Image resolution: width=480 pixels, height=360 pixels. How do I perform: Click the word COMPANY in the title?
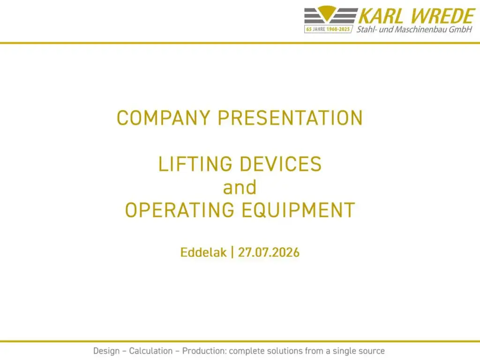click(x=164, y=118)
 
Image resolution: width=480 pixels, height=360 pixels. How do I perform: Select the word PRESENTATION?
click(x=290, y=118)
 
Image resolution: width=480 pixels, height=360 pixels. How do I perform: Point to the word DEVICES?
click(x=280, y=164)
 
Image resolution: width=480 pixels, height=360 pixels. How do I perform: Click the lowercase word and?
click(x=240, y=187)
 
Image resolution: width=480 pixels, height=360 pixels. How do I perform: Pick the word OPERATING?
click(x=180, y=210)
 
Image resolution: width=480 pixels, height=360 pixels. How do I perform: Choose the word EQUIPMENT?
click(x=298, y=210)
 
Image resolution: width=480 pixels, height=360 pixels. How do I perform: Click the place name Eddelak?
click(x=203, y=253)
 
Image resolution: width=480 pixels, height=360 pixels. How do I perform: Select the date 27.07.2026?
click(x=269, y=253)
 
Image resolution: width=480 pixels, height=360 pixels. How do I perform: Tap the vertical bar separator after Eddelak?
click(x=232, y=253)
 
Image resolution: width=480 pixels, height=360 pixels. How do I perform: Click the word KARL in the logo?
click(x=381, y=16)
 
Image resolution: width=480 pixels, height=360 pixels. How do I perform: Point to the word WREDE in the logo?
click(x=442, y=16)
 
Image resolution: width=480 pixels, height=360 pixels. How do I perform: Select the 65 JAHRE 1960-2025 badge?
click(x=328, y=29)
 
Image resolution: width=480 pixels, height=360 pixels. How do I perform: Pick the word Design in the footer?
click(x=106, y=351)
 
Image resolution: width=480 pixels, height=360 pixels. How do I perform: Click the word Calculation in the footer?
click(x=150, y=351)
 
